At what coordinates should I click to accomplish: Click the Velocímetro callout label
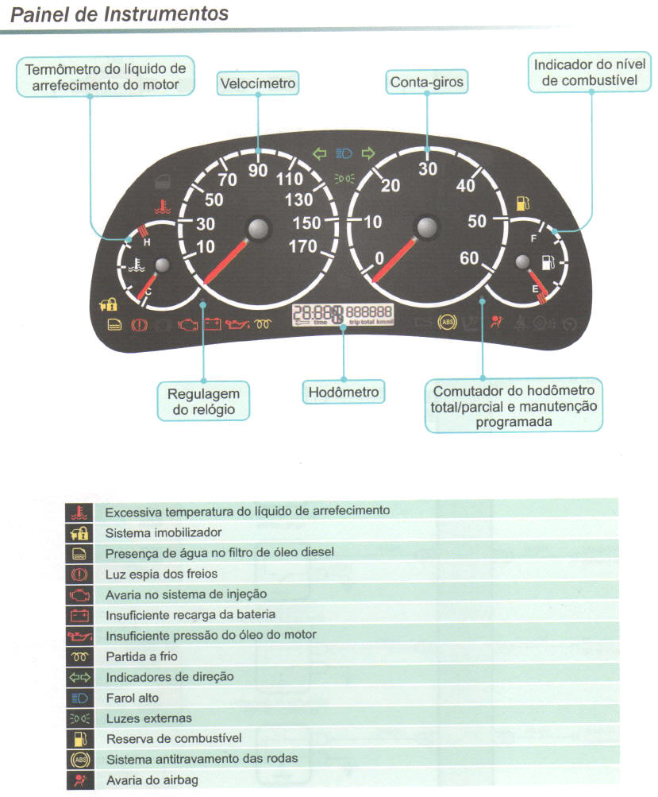click(258, 83)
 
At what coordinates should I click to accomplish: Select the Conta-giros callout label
click(427, 82)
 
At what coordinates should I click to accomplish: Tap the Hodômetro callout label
click(343, 392)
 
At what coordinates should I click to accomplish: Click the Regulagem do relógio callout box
click(203, 402)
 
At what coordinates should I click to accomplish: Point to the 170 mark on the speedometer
click(302, 246)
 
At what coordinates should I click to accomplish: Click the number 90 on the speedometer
click(258, 171)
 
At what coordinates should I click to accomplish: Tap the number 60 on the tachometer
click(469, 258)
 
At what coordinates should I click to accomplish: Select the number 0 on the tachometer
click(379, 257)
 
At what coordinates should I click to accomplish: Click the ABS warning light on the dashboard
click(448, 323)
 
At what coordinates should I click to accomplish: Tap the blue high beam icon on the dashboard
click(344, 153)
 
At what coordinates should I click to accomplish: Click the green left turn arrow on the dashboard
click(320, 153)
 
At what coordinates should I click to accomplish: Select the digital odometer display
click(343, 315)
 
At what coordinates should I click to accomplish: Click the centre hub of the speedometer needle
click(259, 230)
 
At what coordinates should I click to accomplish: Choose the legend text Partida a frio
click(141, 656)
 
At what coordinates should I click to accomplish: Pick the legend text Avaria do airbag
click(152, 780)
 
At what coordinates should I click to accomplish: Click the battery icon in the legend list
click(79, 615)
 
